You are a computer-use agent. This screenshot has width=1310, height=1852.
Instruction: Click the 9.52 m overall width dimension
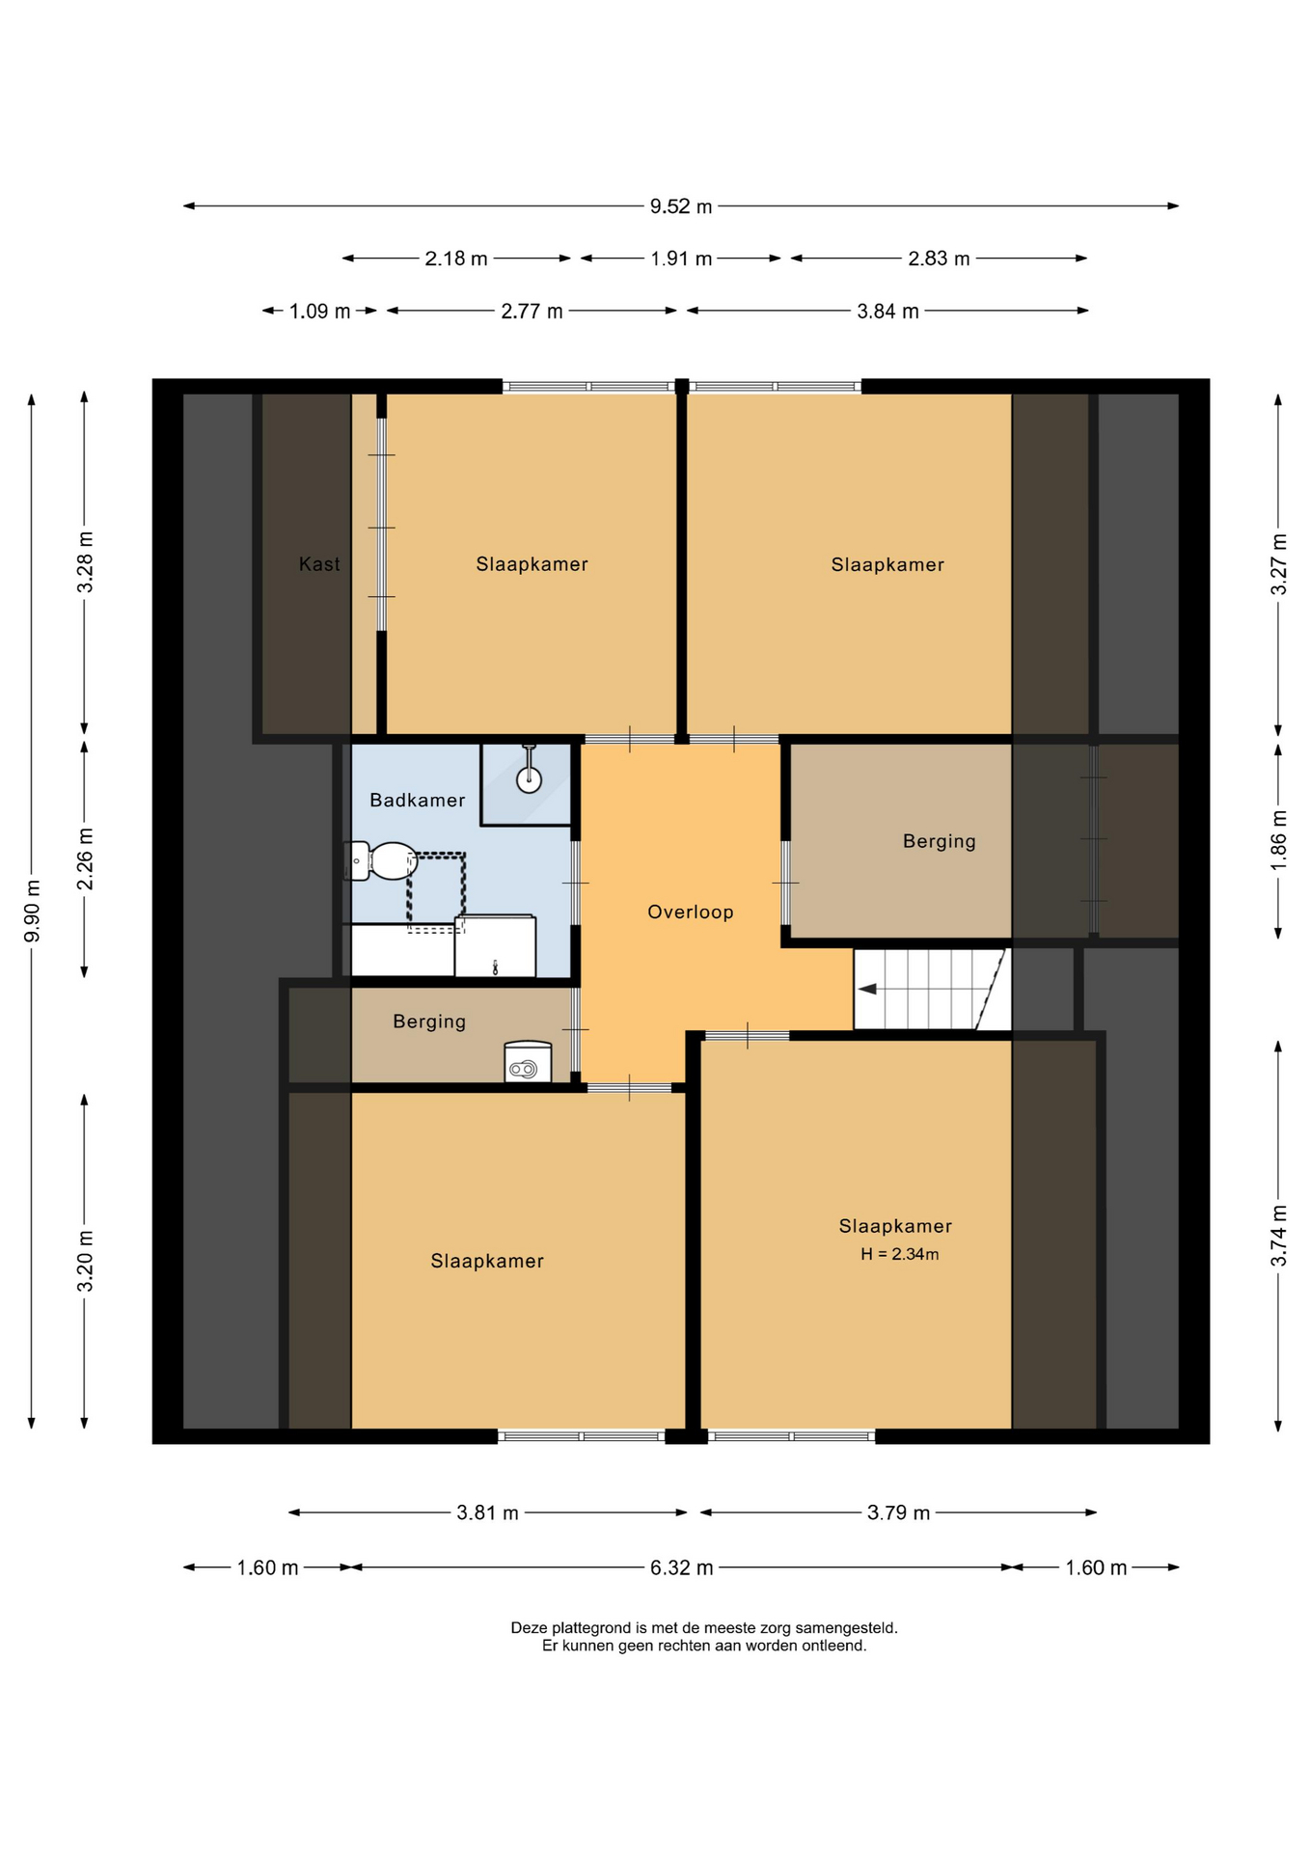tap(681, 206)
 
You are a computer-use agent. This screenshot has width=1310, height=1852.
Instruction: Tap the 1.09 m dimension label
tap(320, 312)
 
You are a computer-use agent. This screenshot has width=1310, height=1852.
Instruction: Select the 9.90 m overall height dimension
tap(33, 911)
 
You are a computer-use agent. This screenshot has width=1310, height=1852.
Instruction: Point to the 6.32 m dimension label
tap(682, 1567)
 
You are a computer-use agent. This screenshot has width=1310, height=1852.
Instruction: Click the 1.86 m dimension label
tap(1279, 840)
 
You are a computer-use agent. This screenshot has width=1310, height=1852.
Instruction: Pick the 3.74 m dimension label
tap(1279, 1236)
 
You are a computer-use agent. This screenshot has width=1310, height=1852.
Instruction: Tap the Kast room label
tap(319, 564)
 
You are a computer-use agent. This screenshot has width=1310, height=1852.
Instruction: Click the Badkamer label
tap(418, 800)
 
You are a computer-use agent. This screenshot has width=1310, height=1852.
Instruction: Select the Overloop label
tap(691, 912)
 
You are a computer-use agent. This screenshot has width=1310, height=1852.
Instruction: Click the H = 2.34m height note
tap(900, 1254)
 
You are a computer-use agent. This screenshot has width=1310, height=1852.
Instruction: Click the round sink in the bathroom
tap(529, 779)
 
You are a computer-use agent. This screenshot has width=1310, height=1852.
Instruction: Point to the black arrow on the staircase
tap(867, 989)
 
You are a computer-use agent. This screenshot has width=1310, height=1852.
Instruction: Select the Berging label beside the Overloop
tap(940, 841)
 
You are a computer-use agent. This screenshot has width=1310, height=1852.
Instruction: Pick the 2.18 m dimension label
tap(456, 259)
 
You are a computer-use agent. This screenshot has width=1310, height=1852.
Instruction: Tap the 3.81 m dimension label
tap(488, 1512)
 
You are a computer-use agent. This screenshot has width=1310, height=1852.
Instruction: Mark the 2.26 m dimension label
tap(86, 858)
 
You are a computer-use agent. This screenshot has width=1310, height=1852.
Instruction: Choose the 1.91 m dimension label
tap(681, 259)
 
